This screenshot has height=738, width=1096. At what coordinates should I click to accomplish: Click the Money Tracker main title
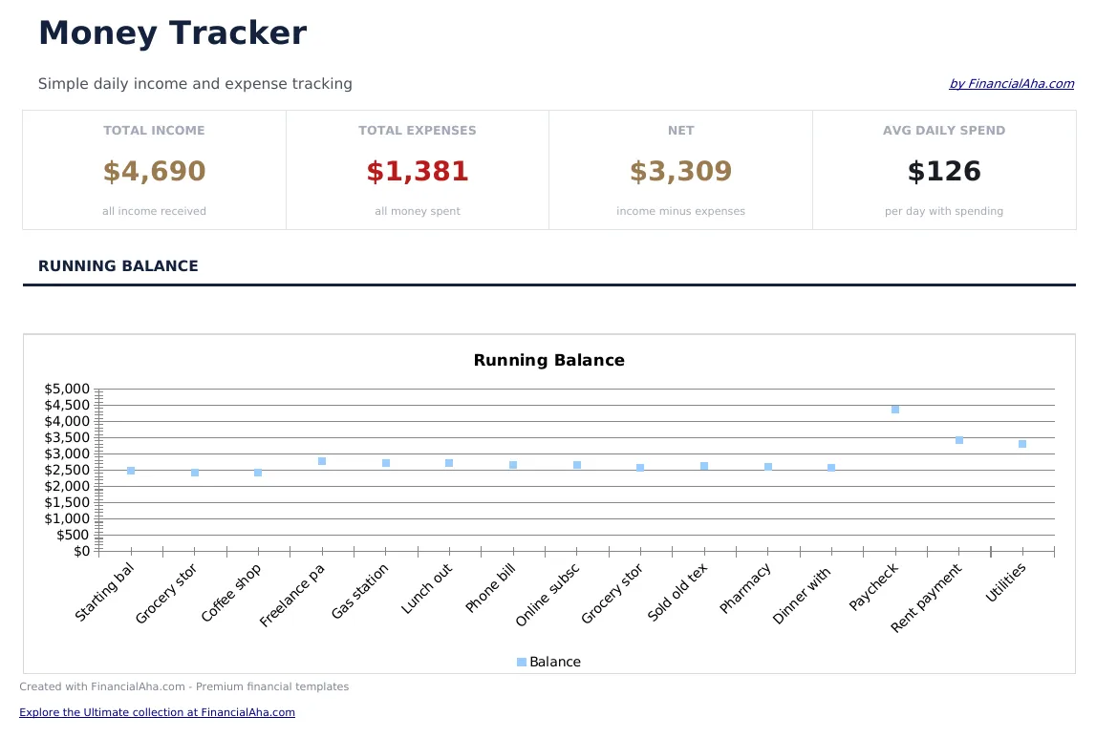tap(172, 33)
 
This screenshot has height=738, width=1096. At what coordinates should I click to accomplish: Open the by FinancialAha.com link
tap(1011, 84)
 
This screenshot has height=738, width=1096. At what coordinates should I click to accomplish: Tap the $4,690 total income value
tap(154, 172)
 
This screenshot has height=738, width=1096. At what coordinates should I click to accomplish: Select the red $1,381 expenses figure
tap(418, 172)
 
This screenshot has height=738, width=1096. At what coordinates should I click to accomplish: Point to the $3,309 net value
tap(680, 172)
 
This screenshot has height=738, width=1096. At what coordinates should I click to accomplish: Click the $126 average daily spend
tap(944, 172)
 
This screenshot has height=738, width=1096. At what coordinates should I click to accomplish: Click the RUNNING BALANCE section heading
tap(118, 266)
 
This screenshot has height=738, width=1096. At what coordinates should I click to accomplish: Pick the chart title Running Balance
tap(548, 361)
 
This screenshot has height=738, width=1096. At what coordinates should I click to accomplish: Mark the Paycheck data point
tap(895, 410)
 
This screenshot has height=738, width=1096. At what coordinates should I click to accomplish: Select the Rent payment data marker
tap(959, 440)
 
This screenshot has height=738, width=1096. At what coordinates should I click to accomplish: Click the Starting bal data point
tap(131, 471)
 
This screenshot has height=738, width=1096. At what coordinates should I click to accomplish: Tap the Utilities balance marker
tap(1022, 444)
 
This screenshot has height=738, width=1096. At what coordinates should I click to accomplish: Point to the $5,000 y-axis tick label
tap(67, 389)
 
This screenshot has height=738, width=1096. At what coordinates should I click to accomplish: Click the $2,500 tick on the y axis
tap(67, 470)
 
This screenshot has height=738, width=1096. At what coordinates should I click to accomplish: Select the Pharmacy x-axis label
tap(746, 589)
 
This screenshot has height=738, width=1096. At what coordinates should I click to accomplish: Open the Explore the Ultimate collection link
tap(157, 712)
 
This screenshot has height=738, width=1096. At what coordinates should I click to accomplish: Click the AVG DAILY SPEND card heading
tap(944, 131)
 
